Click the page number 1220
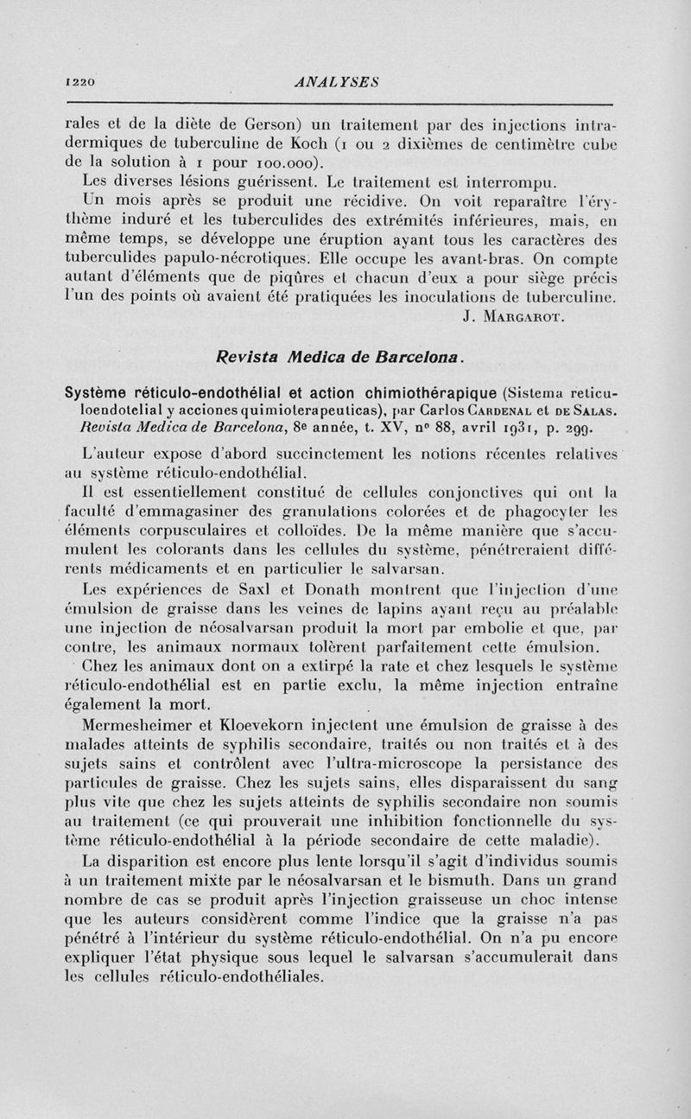[x=79, y=82]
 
